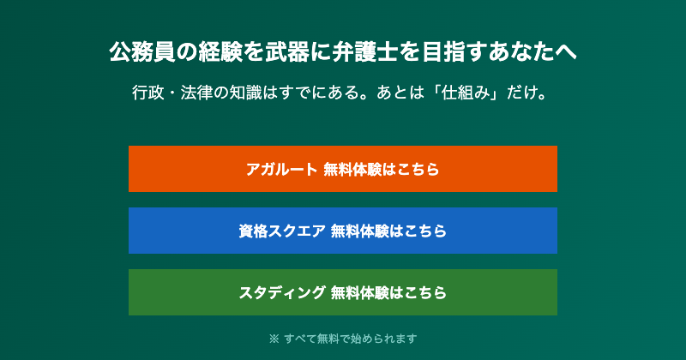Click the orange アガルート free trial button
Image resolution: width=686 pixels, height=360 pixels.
tap(343, 169)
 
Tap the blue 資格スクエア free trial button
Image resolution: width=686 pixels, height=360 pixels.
tap(343, 231)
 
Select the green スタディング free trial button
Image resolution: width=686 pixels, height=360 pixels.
tap(343, 292)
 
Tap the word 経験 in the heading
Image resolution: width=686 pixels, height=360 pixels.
tap(212, 52)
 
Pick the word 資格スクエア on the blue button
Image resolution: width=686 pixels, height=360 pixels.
tap(281, 231)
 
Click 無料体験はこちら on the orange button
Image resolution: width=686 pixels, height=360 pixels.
tap(382, 169)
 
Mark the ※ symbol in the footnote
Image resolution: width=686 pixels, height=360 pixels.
tap(274, 339)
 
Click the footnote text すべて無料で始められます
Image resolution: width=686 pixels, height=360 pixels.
tap(351, 339)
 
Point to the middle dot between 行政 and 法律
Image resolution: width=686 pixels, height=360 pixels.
tap(172, 92)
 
